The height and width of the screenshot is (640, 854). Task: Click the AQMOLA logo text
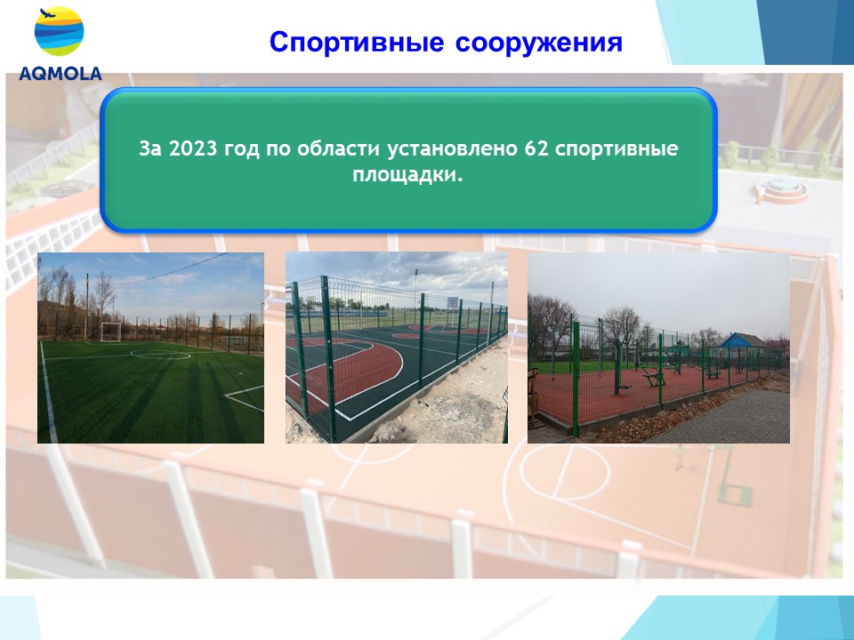60,74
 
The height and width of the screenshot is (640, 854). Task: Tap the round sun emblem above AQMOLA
60,31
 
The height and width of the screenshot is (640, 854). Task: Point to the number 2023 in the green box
193,148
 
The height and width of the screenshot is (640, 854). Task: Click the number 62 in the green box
536,148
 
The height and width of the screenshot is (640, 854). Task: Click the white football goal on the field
110,332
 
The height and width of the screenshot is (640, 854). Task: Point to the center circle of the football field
160,355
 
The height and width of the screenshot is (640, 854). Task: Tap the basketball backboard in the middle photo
453,302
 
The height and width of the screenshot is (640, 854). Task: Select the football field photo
151,348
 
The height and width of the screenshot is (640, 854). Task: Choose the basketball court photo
397,348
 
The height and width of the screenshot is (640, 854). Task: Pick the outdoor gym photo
658,348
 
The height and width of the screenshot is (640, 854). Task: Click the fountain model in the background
782,188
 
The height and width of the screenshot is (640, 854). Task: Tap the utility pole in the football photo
86,308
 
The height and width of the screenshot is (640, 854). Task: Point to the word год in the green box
242,149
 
